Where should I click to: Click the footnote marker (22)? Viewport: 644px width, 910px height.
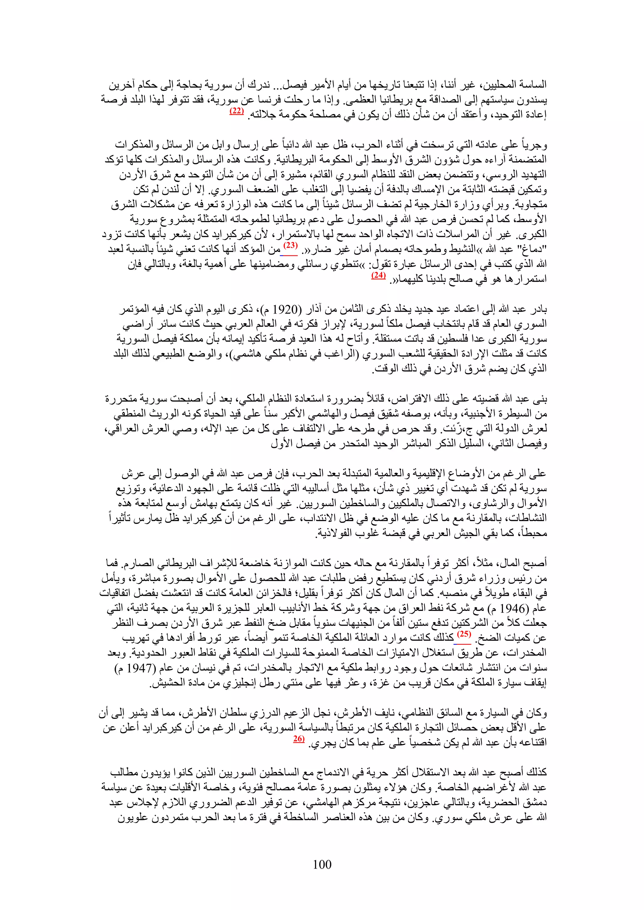(x=237, y=111)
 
